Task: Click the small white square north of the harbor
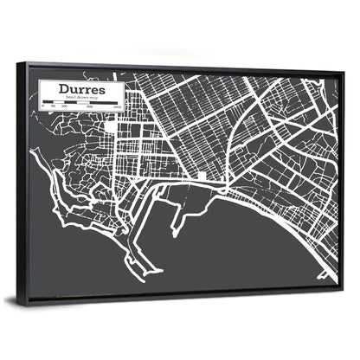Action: (x=201, y=176)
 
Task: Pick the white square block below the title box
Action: (x=111, y=128)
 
